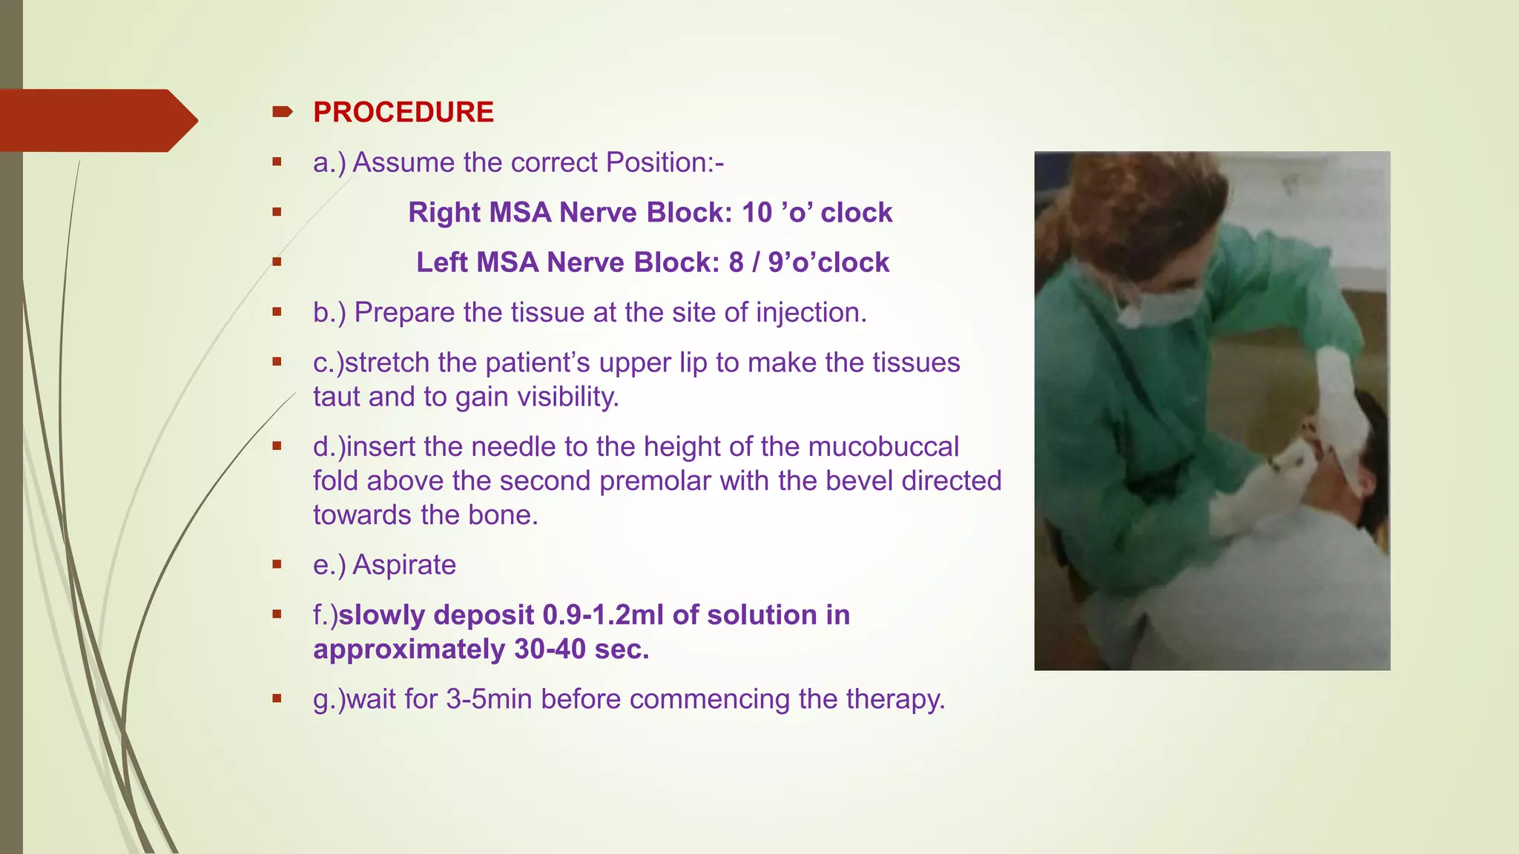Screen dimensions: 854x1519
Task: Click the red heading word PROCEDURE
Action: click(x=403, y=113)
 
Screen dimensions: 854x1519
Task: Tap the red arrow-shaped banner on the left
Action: click(x=96, y=120)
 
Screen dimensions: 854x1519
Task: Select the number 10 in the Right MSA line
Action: click(x=757, y=213)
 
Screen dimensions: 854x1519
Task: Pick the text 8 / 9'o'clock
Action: click(x=808, y=262)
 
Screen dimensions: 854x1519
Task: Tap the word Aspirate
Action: click(x=403, y=565)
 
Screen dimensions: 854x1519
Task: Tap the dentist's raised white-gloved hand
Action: click(x=1340, y=400)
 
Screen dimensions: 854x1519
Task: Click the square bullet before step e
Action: click(x=277, y=565)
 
